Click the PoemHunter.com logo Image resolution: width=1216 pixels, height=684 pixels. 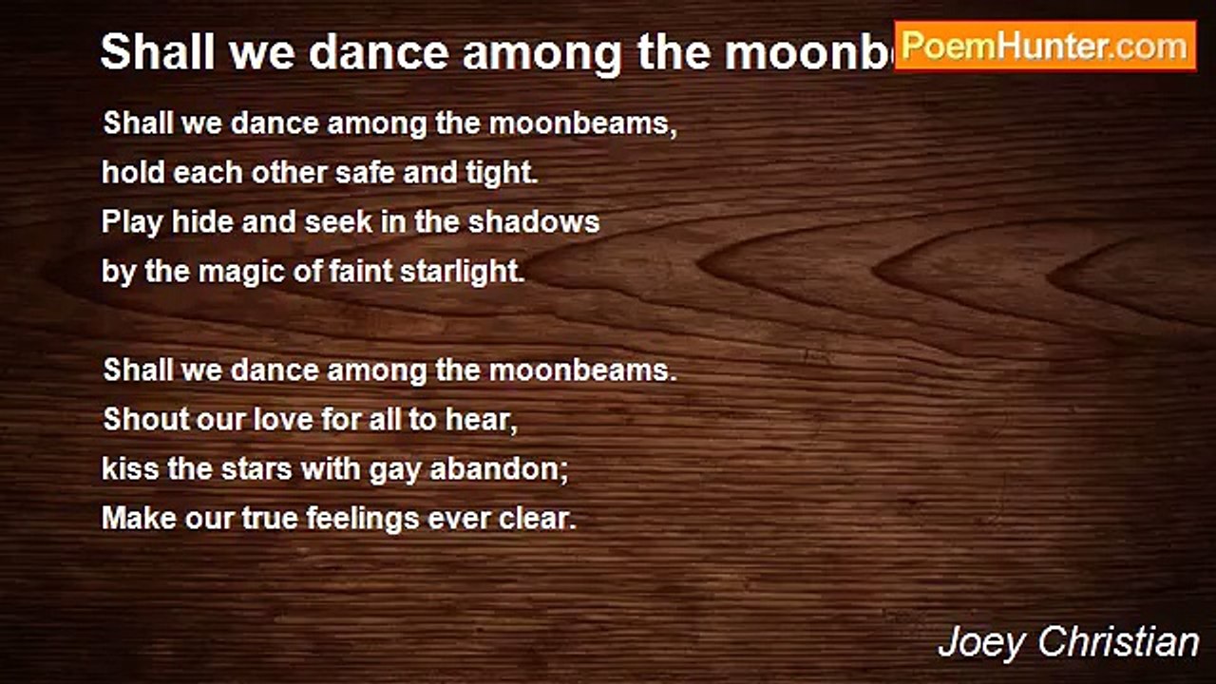tap(1045, 46)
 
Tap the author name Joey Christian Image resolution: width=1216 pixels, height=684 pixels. tap(1068, 642)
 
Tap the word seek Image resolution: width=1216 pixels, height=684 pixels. tap(332, 222)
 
